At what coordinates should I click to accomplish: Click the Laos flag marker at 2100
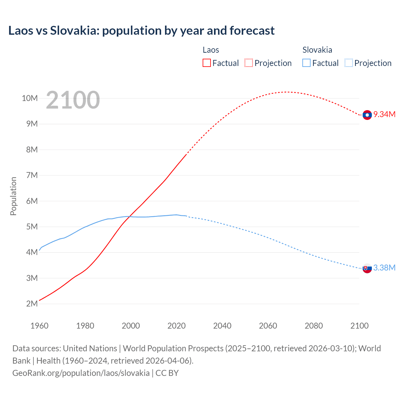click(367, 115)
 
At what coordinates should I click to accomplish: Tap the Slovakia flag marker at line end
click(367, 268)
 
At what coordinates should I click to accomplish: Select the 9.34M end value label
click(384, 114)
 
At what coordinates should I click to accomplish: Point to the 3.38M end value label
click(384, 268)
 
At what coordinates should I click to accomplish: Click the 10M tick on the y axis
click(30, 98)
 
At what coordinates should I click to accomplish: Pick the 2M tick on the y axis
click(32, 304)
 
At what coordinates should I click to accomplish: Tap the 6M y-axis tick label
click(32, 201)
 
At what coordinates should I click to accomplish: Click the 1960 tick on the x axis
click(39, 326)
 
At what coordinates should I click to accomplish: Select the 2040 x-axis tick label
click(222, 326)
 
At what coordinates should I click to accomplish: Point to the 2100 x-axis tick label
click(359, 326)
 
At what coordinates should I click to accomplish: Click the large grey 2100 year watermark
click(73, 100)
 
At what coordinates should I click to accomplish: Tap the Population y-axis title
click(13, 196)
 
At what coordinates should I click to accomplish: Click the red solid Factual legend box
click(206, 63)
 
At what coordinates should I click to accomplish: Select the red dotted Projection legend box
click(248, 63)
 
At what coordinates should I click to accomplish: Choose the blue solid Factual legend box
click(306, 63)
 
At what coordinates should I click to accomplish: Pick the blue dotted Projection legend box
click(348, 63)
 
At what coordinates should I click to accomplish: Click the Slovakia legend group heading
click(317, 50)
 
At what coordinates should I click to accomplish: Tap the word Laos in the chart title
click(20, 31)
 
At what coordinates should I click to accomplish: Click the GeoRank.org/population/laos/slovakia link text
click(81, 373)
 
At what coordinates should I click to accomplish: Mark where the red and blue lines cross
click(129, 217)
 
